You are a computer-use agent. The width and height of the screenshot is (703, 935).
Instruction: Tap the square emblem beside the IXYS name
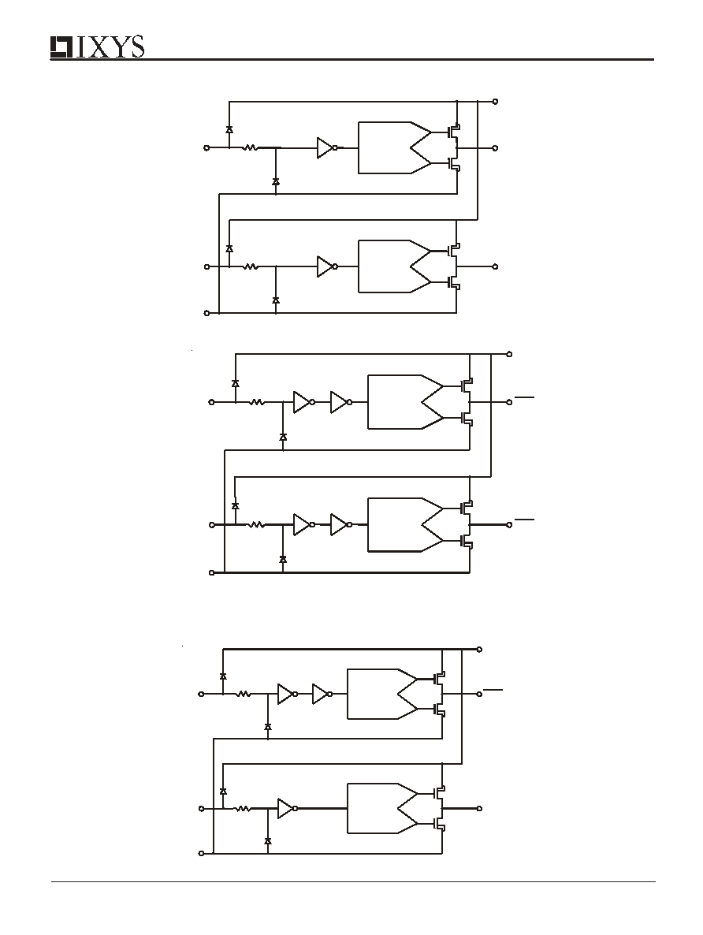coord(62,47)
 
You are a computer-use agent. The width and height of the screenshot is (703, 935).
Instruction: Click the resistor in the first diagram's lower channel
coord(251,266)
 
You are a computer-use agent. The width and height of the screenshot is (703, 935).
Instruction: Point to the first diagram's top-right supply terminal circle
coord(496,102)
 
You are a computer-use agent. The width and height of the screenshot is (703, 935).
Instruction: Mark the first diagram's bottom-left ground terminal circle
coord(207,312)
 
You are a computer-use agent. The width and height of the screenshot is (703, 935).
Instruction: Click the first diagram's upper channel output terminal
coord(496,148)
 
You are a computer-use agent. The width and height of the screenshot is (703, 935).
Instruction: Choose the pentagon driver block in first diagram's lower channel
coord(394,266)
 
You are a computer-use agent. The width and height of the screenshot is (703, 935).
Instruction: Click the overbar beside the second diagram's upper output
coord(525,396)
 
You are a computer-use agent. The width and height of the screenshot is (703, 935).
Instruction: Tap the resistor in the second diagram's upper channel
coord(257,403)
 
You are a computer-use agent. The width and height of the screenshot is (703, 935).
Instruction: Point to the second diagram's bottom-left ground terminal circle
coord(212,572)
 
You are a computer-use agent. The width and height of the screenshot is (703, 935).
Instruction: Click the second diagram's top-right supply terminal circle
coord(508,354)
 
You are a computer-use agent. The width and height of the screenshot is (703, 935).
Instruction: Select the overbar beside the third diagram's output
coord(493,689)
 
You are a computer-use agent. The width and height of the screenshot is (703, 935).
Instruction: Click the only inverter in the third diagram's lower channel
coord(288,809)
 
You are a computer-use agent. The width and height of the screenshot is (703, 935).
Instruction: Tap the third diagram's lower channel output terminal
coord(479,809)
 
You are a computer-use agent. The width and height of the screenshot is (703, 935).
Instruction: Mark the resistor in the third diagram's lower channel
coord(244,809)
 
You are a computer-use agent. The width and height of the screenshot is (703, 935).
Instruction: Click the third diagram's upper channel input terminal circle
coord(201,694)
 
